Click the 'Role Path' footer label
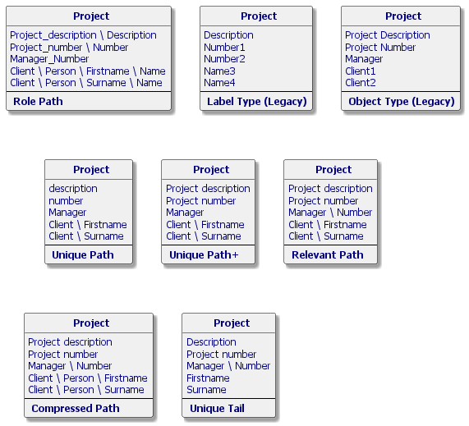(38, 101)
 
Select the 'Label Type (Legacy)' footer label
(257, 102)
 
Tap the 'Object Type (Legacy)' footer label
(402, 102)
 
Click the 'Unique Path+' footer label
(204, 255)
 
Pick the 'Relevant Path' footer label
(328, 255)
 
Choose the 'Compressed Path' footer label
(76, 409)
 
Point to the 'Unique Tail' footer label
(217, 409)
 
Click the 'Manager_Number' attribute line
(49, 59)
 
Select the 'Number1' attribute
(224, 48)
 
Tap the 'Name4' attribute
(219, 83)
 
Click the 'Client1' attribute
(360, 71)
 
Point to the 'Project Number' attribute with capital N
(380, 48)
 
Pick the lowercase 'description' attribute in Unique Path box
(73, 189)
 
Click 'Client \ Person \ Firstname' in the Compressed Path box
(88, 378)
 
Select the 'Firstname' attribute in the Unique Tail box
(208, 378)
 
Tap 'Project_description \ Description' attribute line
(83, 35)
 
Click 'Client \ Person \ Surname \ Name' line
(86, 83)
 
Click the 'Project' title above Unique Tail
(232, 323)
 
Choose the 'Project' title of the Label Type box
(259, 16)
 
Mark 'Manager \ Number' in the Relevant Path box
(330, 213)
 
